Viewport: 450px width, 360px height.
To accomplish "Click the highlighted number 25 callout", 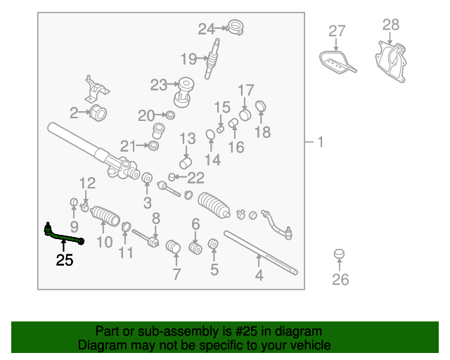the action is (x=65, y=260).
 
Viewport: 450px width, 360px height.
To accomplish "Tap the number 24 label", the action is (x=206, y=30).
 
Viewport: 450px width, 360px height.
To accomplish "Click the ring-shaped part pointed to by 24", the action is (x=235, y=27).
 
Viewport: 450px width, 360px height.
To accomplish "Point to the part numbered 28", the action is (x=391, y=61).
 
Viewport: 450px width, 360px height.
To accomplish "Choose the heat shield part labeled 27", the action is (x=336, y=63).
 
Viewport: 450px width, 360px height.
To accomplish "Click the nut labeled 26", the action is (x=339, y=254).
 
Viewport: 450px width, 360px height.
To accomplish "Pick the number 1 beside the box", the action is (x=321, y=142).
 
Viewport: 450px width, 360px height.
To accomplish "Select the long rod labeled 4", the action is (x=260, y=252).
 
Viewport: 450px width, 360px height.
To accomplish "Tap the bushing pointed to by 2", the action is (x=98, y=112).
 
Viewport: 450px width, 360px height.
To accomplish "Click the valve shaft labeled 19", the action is (x=213, y=58).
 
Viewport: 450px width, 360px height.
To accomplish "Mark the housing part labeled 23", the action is (x=184, y=92).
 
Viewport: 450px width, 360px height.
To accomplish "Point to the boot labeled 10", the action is (x=105, y=216).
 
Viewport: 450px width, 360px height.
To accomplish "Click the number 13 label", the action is (x=188, y=139).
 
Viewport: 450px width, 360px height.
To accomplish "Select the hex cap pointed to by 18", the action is (x=261, y=107).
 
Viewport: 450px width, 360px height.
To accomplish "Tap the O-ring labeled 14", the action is (x=210, y=134).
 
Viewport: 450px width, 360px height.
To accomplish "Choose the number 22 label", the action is (x=195, y=178).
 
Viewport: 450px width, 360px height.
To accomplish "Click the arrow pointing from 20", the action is (x=161, y=115).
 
